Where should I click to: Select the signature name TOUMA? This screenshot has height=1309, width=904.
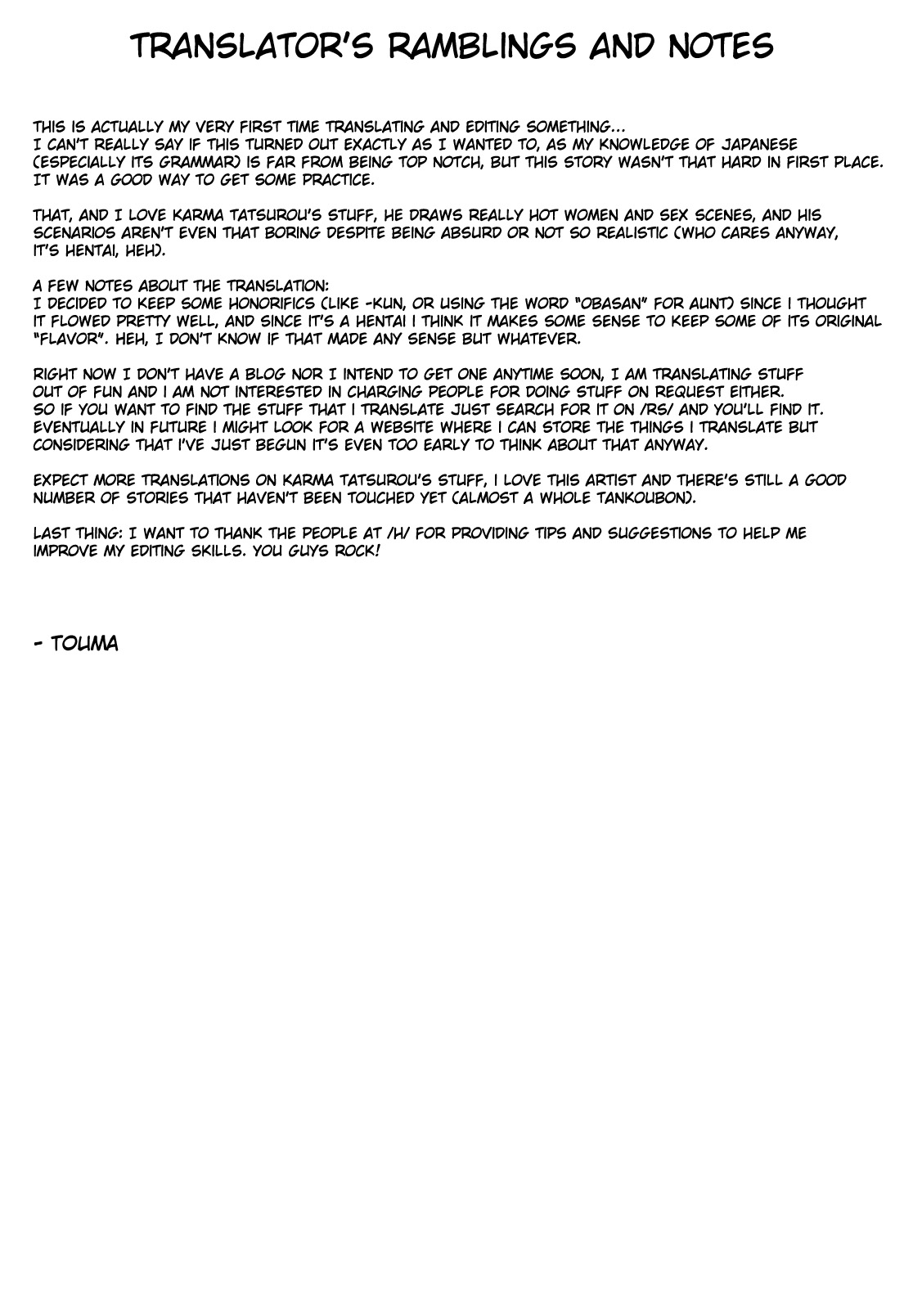(x=83, y=644)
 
